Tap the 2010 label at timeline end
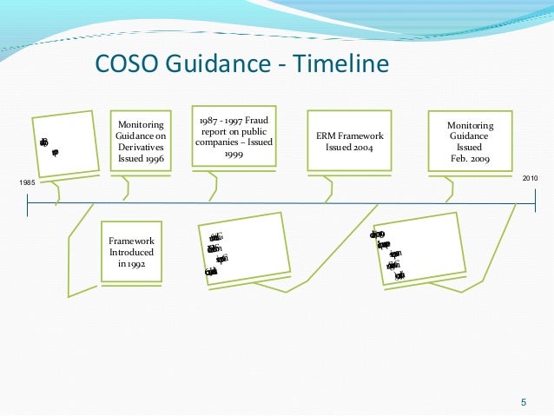click(x=530, y=177)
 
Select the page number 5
click(x=523, y=401)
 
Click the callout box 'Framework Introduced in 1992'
click(x=130, y=252)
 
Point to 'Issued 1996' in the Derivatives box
click(x=141, y=159)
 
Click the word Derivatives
click(x=141, y=148)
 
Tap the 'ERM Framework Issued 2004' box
click(x=348, y=142)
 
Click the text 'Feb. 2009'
click(x=469, y=159)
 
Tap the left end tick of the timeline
click(x=28, y=205)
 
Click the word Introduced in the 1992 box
click(x=130, y=252)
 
